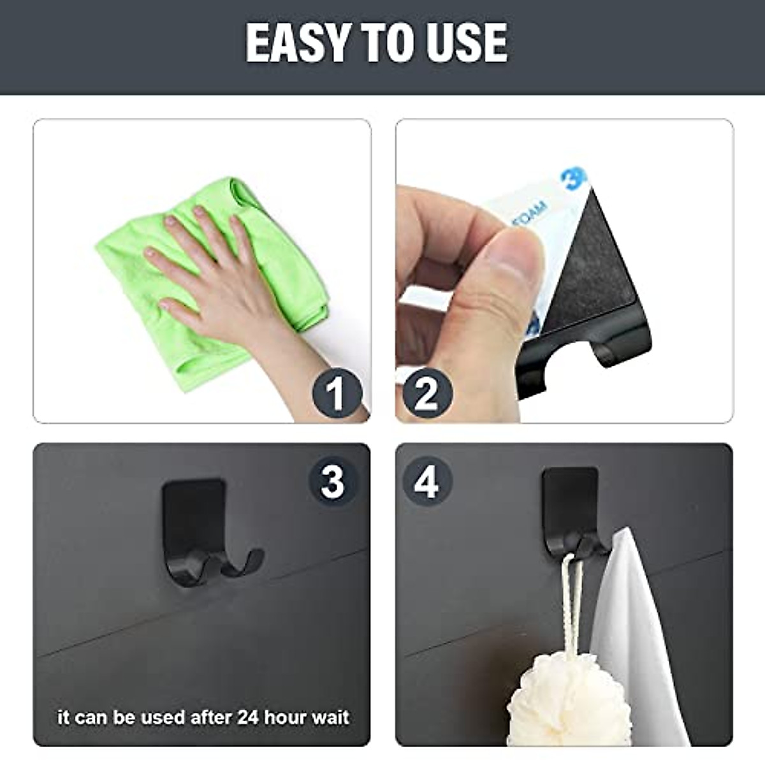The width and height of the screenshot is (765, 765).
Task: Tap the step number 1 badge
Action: coord(337,393)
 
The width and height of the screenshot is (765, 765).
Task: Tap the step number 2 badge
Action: coord(426,393)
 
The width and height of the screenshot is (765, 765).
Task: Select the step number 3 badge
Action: coord(332,481)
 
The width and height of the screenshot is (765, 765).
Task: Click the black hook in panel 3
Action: coord(198,529)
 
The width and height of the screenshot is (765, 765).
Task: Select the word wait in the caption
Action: coord(330,717)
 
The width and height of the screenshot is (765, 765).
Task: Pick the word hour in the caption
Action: coord(286,717)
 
